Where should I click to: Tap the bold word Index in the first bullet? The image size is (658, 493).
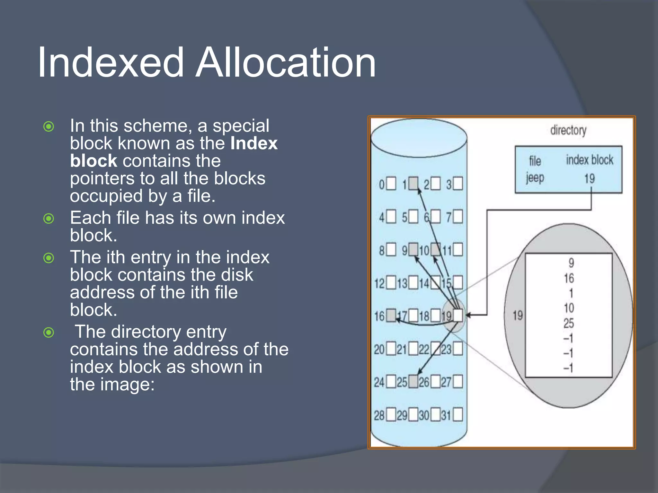coord(254,143)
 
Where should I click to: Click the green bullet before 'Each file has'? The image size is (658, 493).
coord(49,219)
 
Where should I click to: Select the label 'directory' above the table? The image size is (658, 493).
coord(568,130)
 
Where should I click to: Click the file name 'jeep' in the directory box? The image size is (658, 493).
coord(535,178)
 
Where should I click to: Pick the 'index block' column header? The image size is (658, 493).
coord(589,160)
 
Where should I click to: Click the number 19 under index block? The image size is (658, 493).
coord(589,178)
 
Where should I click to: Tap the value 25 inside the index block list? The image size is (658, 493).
coord(568,323)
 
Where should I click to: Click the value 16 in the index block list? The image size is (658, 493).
coord(569,278)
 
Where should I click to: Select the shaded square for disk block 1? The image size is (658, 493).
coord(413,184)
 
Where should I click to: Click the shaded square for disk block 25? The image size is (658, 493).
coord(413,382)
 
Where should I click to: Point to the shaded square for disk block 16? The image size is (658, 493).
coord(391,316)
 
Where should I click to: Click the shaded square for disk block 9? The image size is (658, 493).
coord(413,249)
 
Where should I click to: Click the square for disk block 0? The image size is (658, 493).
coord(391,184)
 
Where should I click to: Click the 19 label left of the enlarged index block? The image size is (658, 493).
coord(517,316)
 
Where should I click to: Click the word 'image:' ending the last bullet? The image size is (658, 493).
coord(128,385)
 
